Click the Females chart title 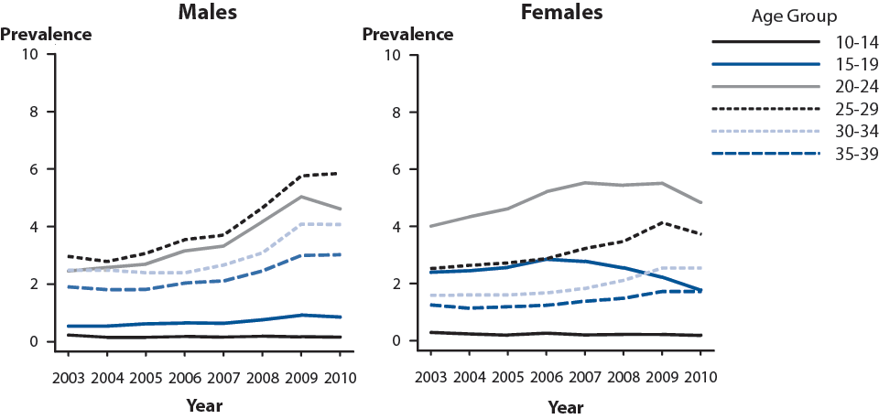(x=561, y=13)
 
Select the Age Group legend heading (x=794, y=16)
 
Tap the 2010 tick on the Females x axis (x=701, y=377)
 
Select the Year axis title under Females (x=561, y=404)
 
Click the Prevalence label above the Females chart (x=407, y=35)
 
